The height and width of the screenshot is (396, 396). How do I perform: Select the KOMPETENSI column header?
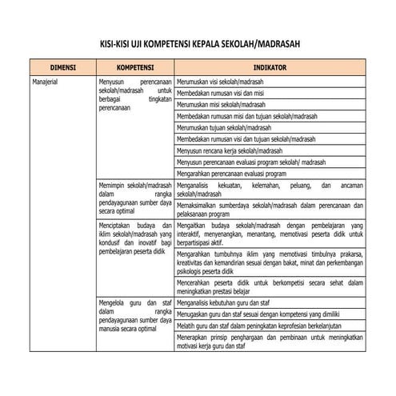pos(134,68)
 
